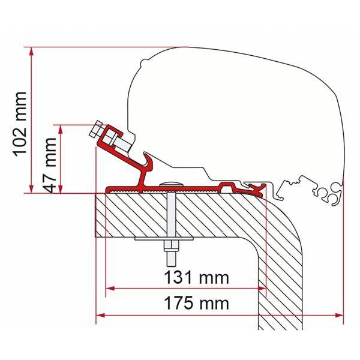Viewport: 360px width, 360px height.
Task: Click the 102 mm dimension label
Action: pyautogui.click(x=20, y=124)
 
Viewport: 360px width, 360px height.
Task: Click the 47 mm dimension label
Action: pyautogui.click(x=50, y=165)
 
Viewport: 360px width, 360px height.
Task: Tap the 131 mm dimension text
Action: pyautogui.click(x=197, y=278)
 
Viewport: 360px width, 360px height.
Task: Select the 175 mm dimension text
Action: pyautogui.click(x=197, y=303)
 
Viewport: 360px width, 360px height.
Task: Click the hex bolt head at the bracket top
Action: pyautogui.click(x=95, y=129)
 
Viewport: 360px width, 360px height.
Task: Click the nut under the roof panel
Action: pyautogui.click(x=171, y=246)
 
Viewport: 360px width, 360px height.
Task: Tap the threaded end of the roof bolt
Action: pyautogui.click(x=171, y=259)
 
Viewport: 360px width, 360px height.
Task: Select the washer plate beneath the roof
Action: pyautogui.click(x=164, y=239)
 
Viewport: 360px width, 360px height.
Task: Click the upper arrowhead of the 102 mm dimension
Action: pyautogui.click(x=31, y=52)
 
